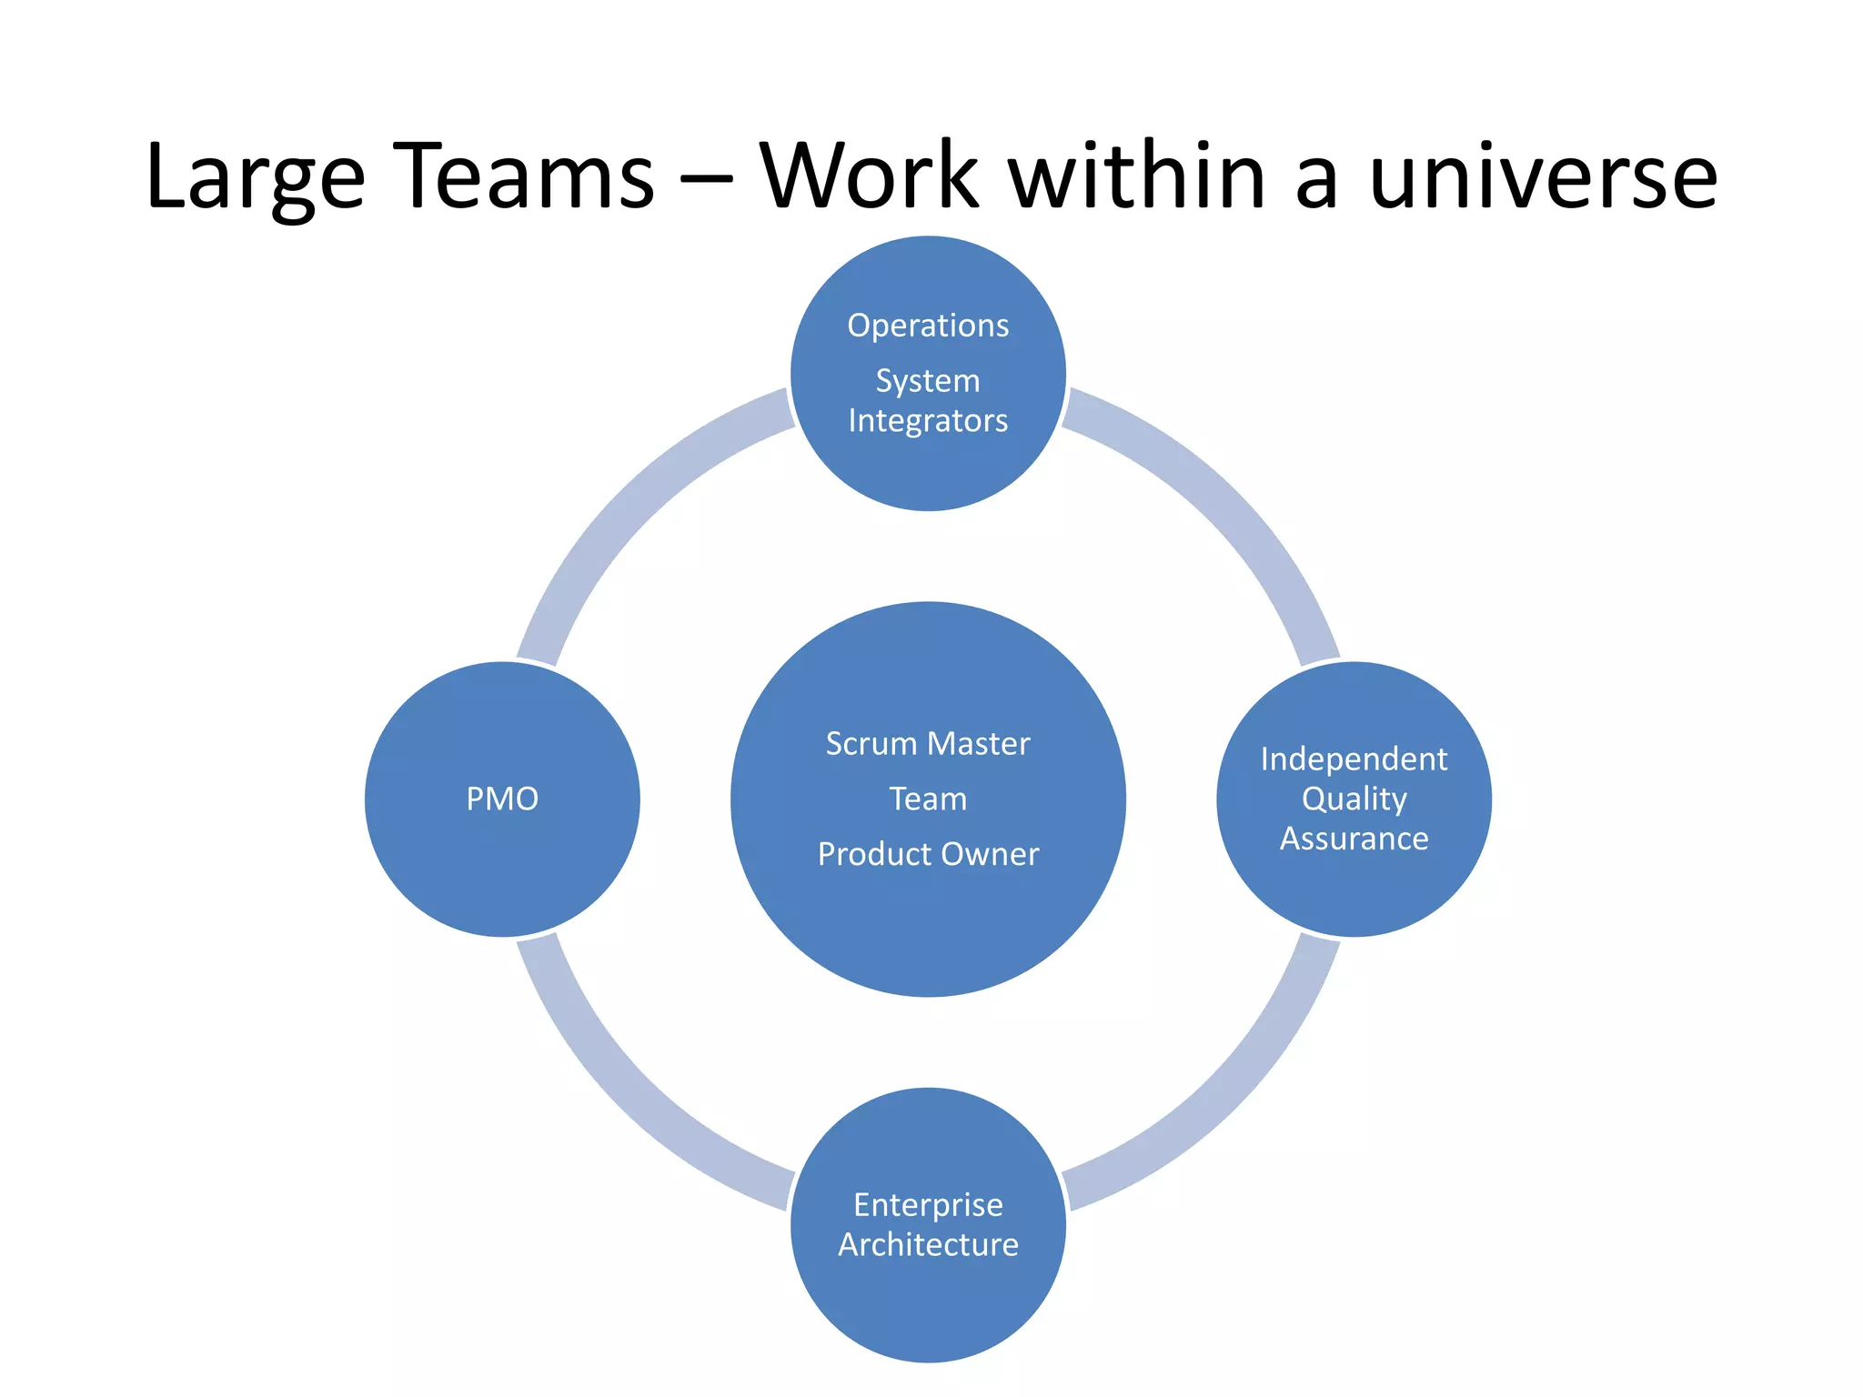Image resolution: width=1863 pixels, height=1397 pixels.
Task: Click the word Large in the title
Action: (x=255, y=176)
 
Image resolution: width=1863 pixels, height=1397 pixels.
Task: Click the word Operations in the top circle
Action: (x=928, y=326)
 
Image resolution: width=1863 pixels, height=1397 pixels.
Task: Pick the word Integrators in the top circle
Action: (x=928, y=420)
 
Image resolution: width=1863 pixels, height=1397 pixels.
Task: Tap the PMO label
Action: (x=502, y=799)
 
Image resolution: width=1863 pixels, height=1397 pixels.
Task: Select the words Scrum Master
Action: (x=928, y=744)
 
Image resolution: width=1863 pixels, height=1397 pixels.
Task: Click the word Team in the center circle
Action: (x=928, y=799)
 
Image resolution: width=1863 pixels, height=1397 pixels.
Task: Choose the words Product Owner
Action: (x=928, y=854)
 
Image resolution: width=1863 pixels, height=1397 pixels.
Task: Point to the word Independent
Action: (x=1354, y=759)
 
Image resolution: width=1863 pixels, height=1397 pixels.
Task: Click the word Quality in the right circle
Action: (x=1354, y=799)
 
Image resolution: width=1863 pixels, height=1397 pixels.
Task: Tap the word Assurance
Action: (x=1354, y=839)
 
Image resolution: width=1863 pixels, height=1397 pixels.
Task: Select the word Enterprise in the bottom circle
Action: (x=928, y=1204)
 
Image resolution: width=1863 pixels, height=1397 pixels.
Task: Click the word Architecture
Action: (x=928, y=1244)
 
